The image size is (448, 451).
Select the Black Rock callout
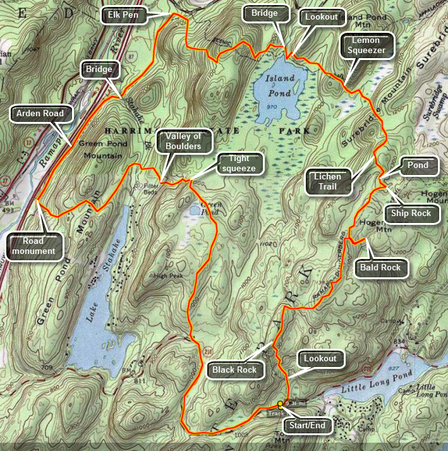[234, 370]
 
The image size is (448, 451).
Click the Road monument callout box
[35, 245]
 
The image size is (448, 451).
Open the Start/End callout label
[308, 426]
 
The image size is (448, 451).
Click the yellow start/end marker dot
[280, 403]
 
